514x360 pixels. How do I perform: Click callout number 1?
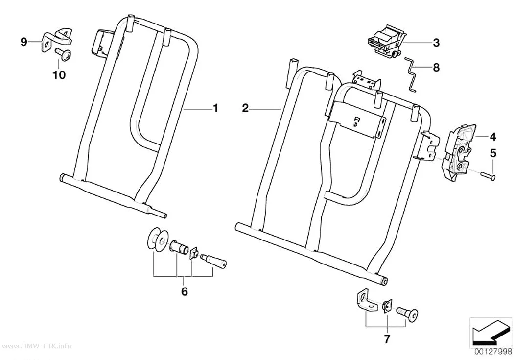(x=215, y=108)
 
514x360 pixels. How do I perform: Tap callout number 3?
(x=436, y=43)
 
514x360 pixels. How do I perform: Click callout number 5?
(x=493, y=153)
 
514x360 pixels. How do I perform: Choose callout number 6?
(x=185, y=291)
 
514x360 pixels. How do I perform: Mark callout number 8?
(x=436, y=67)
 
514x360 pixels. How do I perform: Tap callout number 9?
(x=23, y=42)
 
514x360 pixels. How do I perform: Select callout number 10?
(x=59, y=75)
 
